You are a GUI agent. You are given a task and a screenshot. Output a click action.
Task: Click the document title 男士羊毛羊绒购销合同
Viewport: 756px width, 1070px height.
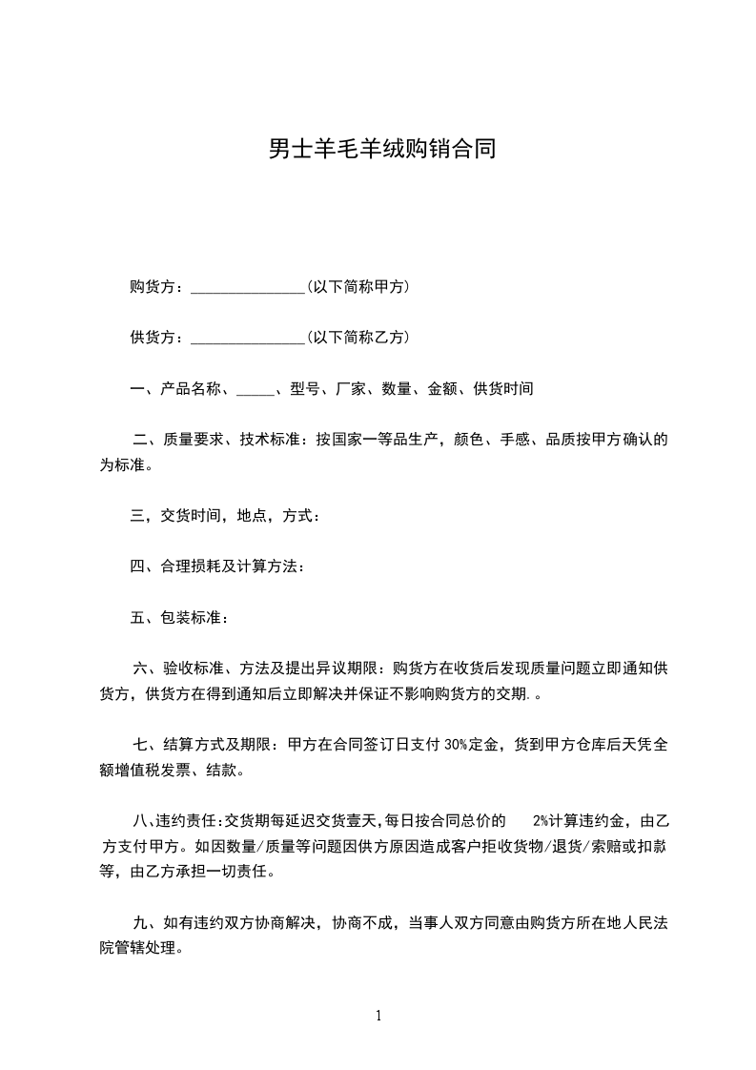[381, 150]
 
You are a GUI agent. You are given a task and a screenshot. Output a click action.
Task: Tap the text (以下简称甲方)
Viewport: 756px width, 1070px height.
[358, 286]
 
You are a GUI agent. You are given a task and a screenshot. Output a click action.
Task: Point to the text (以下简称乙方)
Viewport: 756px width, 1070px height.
[358, 337]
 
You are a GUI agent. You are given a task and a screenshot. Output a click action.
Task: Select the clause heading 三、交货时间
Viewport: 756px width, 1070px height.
[176, 516]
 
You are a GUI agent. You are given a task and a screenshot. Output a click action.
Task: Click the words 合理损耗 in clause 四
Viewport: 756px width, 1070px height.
[183, 566]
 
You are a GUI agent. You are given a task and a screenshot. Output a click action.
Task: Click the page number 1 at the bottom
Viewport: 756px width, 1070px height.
[378, 1016]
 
